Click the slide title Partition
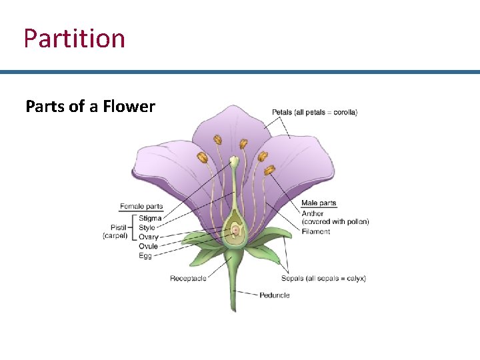point(74,38)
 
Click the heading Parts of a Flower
point(90,107)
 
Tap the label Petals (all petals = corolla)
point(314,112)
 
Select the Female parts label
point(141,207)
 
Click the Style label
point(147,227)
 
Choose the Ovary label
point(148,237)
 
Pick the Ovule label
point(148,246)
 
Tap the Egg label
point(145,255)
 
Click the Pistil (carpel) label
point(115,231)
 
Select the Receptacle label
point(188,279)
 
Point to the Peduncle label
point(274,295)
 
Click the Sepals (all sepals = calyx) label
point(323,279)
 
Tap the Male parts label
point(319,203)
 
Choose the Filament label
point(315,232)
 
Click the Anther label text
point(313,213)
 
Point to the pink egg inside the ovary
point(235,231)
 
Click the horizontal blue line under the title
point(240,72)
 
